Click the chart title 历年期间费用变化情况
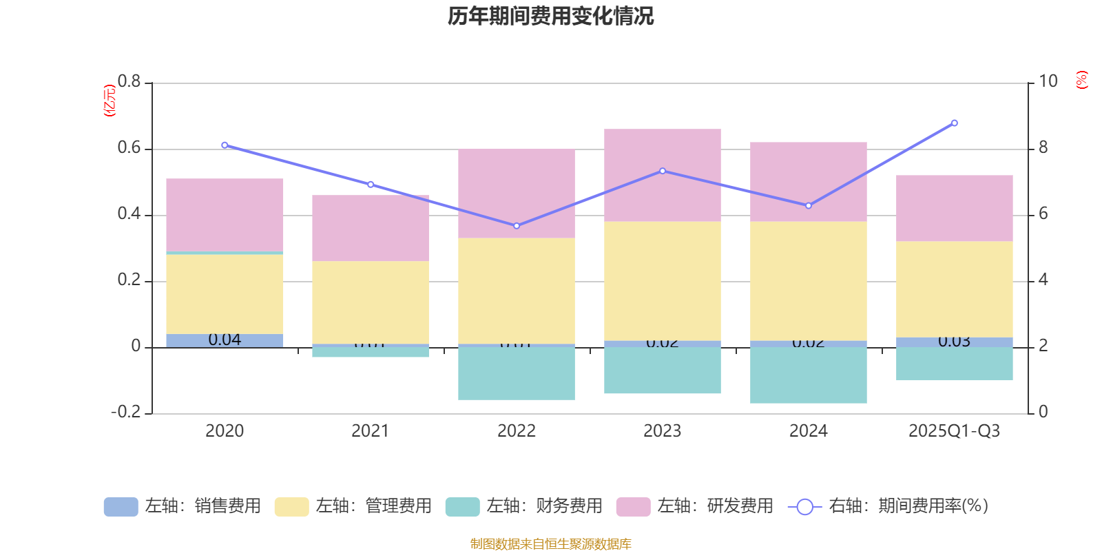coord(550,16)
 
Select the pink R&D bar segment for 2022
coord(517,194)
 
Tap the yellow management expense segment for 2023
coord(663,281)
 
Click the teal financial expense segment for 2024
coord(809,375)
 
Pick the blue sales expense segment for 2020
coord(225,340)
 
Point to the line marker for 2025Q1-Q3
coord(954,123)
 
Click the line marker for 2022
coord(517,226)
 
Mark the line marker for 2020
coord(225,145)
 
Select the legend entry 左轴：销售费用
coord(183,506)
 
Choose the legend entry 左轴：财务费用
coord(524,506)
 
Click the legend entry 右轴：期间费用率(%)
coord(888,506)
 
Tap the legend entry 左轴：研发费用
coord(695,506)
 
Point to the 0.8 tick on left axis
coord(129,82)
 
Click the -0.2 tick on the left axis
coord(126,412)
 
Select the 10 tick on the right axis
coord(1048,82)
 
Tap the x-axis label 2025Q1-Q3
coord(954,431)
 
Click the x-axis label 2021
coord(371,431)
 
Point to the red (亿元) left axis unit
coord(110,101)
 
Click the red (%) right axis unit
coord(1082,80)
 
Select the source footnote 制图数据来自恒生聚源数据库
coord(550,544)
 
